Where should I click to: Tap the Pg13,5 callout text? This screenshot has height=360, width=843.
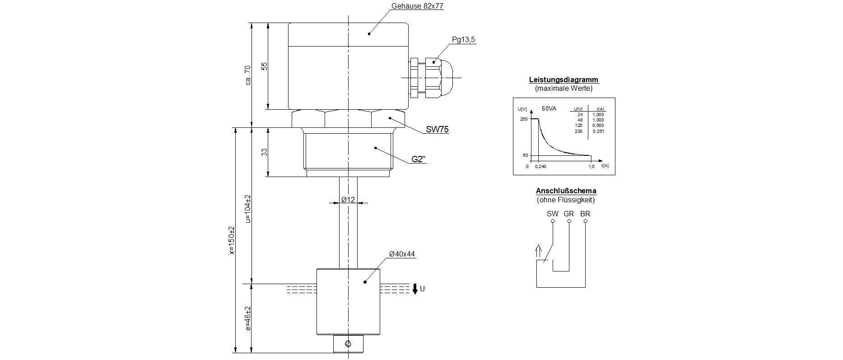tap(463, 40)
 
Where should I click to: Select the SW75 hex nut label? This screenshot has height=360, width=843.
tap(437, 130)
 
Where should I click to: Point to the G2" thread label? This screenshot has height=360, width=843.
tap(419, 159)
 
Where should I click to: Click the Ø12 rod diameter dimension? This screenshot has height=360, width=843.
tap(348, 199)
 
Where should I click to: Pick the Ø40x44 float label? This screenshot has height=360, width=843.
tap(402, 254)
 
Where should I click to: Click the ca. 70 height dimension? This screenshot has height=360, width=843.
tap(247, 75)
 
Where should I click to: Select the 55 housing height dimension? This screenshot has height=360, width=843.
tap(265, 66)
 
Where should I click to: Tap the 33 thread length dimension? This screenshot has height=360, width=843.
tap(265, 152)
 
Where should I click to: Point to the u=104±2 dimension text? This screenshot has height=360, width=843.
tap(247, 209)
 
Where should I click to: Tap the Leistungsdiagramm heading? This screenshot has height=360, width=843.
tap(564, 80)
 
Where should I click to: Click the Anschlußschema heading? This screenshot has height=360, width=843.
tap(566, 191)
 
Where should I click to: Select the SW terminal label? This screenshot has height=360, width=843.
tap(553, 214)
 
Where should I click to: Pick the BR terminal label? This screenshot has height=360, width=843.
tap(585, 214)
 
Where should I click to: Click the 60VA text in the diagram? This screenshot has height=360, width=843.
tap(549, 108)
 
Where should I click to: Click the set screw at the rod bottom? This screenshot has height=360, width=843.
tap(348, 344)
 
